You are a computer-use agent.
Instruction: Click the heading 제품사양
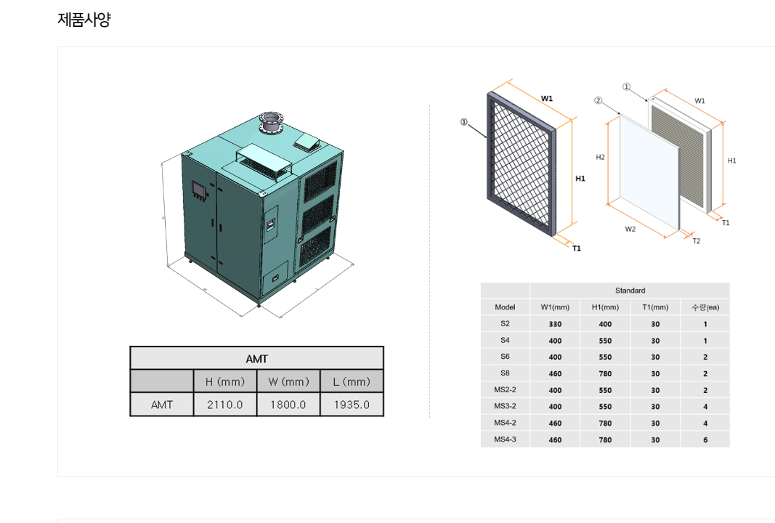coord(84,20)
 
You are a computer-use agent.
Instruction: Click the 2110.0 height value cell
coord(224,405)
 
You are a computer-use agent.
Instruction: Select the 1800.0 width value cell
coord(288,405)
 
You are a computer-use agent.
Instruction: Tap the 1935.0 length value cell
coord(352,405)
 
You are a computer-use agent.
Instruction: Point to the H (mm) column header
coord(224,381)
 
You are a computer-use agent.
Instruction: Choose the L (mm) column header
coord(352,381)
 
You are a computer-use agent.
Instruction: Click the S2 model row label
coord(505,324)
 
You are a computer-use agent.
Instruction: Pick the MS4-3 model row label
coord(505,439)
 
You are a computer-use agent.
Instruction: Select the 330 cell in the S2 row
coord(555,325)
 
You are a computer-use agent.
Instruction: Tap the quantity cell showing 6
coord(705,440)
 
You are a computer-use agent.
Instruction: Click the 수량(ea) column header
coord(705,307)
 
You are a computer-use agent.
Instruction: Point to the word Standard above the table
coord(630,291)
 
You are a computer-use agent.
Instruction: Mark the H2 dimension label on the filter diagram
coord(601,157)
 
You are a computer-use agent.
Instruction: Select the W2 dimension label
coord(630,229)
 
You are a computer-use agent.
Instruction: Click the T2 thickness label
coord(696,240)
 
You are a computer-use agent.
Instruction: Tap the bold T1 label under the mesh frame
coord(576,248)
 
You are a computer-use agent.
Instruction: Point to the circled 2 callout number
coord(598,100)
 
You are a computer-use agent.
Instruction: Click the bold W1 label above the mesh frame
coord(547,98)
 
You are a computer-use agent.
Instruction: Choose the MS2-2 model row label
coord(505,390)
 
